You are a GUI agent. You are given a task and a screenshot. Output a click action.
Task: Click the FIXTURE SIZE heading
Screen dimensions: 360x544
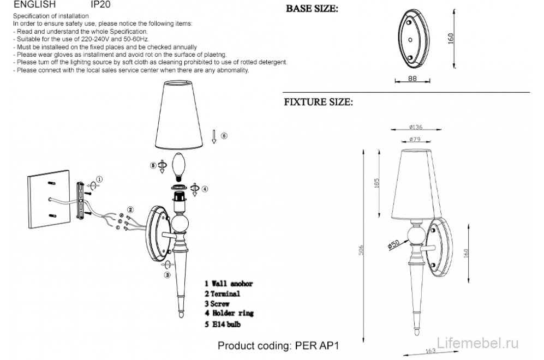tap(318, 102)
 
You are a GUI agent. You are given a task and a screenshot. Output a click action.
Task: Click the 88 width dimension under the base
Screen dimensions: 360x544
tap(413, 79)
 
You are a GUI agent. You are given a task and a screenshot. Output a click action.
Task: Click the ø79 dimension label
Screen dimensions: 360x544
tap(416, 140)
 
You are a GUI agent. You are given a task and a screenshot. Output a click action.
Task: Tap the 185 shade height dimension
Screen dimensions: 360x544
tap(377, 184)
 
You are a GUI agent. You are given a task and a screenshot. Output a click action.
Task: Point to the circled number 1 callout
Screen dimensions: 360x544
tap(99, 178)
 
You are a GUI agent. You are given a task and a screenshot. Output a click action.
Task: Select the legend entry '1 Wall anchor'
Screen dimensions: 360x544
tap(229, 284)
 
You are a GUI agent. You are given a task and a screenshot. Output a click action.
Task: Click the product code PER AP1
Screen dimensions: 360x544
tap(282, 345)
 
